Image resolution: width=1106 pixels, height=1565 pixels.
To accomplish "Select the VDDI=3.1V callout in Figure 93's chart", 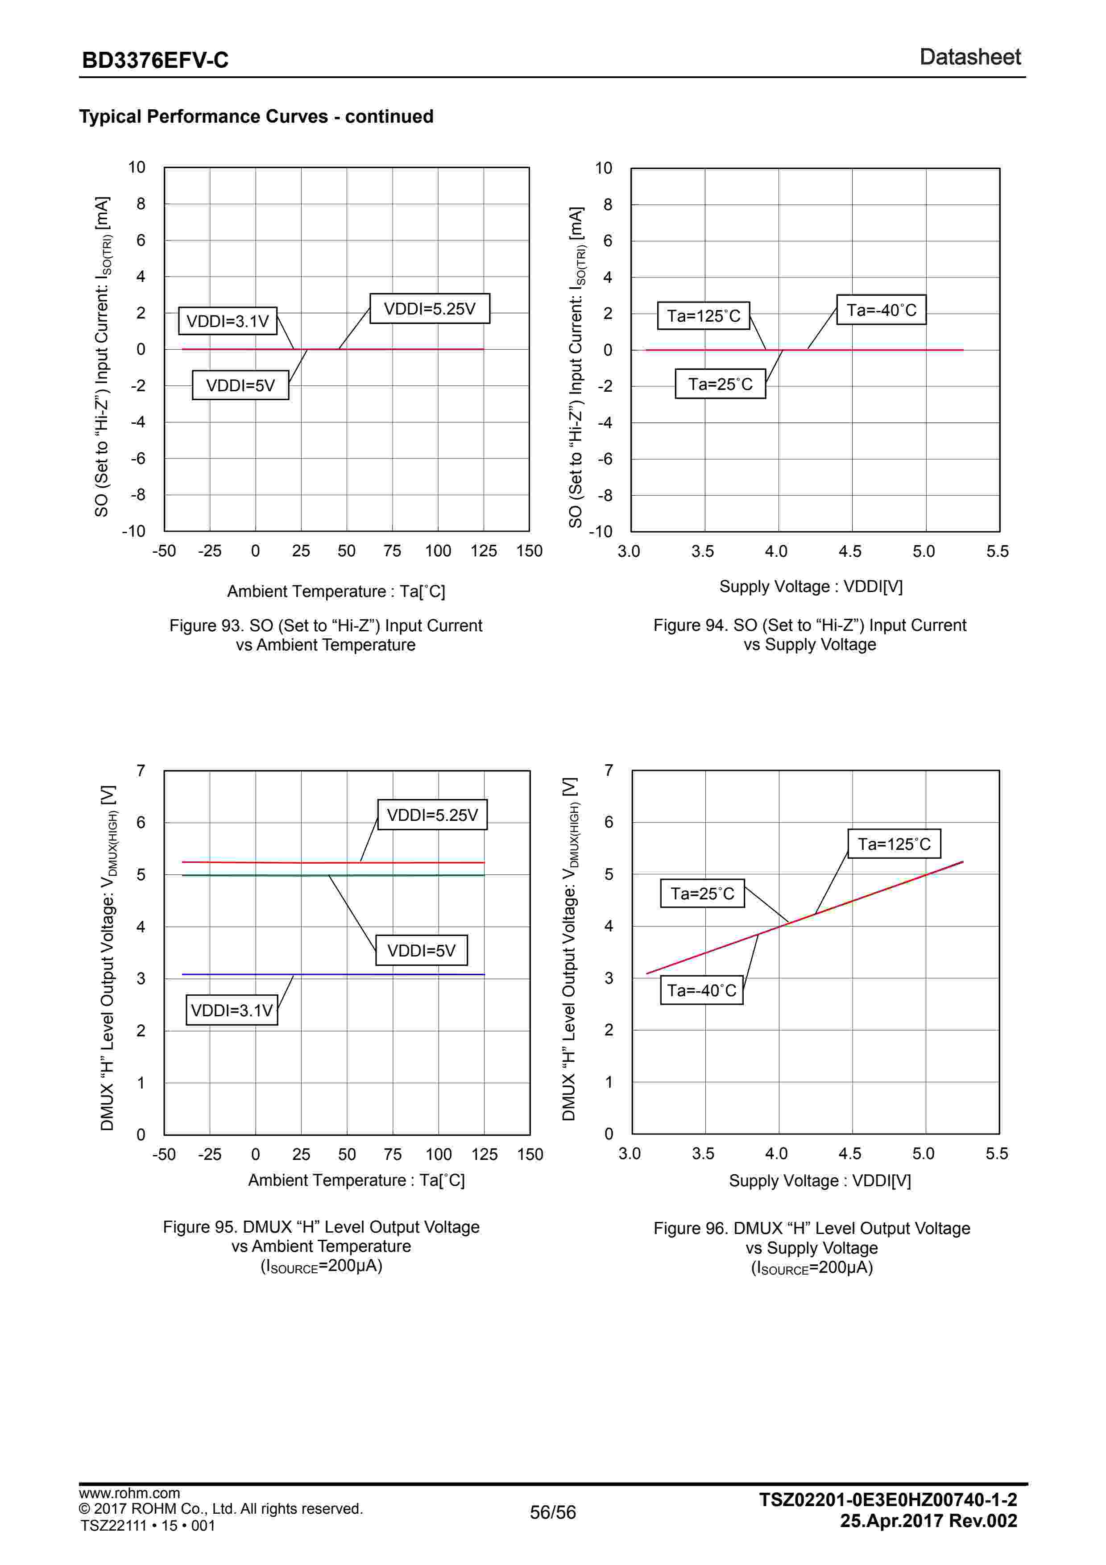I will click(x=228, y=321).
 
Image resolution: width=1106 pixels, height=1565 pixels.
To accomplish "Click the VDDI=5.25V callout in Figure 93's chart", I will click(x=429, y=309).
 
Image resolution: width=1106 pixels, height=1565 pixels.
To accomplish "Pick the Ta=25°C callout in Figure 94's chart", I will click(x=720, y=385).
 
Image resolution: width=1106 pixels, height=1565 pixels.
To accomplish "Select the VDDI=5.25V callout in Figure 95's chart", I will click(x=432, y=815).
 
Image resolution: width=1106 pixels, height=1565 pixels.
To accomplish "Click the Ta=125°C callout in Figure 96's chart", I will click(x=893, y=844).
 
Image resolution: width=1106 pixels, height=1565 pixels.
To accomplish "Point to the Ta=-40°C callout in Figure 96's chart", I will click(x=701, y=990).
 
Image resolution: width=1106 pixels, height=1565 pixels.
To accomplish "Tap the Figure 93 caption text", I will click(x=326, y=634).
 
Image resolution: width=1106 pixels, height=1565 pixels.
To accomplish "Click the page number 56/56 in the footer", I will click(x=553, y=1512).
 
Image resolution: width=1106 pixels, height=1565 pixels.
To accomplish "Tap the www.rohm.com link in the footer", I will click(x=129, y=1493).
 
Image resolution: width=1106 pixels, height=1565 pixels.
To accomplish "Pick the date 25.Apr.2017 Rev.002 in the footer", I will click(x=928, y=1521).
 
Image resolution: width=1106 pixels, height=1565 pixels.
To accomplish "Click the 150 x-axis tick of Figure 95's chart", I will click(x=530, y=1154).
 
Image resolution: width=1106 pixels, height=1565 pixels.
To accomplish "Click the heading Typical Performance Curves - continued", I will click(x=256, y=116).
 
